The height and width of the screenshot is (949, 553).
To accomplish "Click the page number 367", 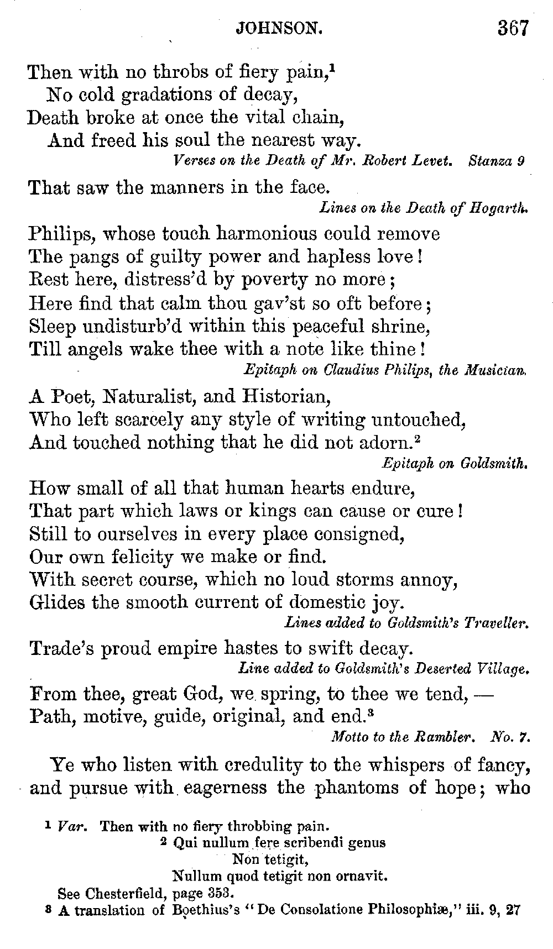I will [513, 28].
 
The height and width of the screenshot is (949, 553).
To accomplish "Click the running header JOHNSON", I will [279, 28].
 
